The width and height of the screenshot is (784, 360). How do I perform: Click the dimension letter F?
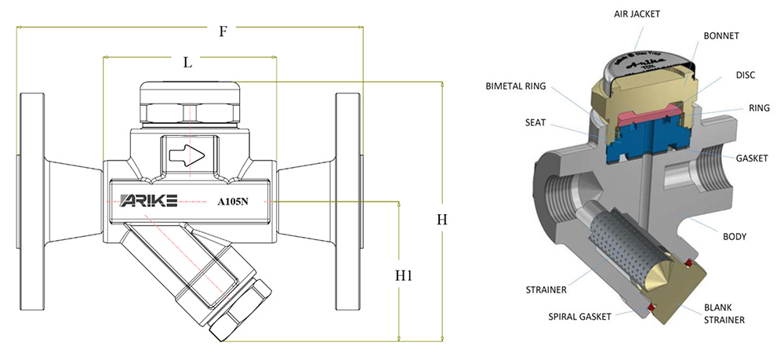tap(223, 31)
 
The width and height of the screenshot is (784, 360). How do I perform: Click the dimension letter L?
tap(187, 64)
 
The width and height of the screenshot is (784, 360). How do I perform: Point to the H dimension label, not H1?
tap(442, 220)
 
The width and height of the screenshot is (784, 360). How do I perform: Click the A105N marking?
tap(233, 201)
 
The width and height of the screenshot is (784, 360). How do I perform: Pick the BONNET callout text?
tap(722, 36)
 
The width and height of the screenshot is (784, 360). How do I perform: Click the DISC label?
tap(746, 76)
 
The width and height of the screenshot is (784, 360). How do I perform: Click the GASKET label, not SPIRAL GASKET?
tap(751, 158)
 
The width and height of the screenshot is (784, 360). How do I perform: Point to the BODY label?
tap(735, 235)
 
